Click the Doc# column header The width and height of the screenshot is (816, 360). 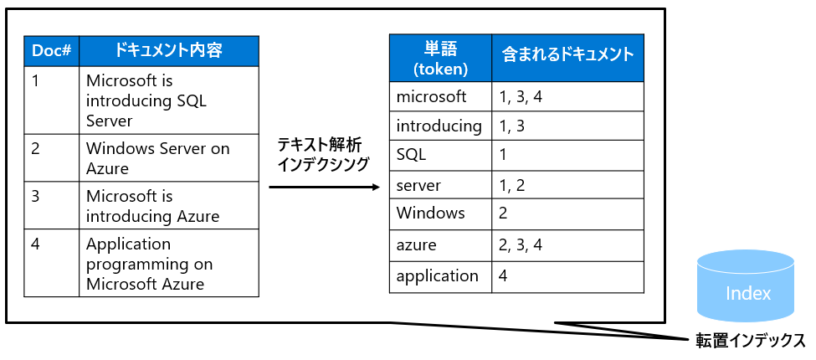tap(52, 51)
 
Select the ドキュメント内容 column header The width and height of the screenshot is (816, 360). tap(169, 51)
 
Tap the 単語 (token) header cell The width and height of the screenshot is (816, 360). tap(440, 59)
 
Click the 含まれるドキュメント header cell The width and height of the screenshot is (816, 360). tap(567, 59)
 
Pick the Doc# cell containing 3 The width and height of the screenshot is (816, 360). tap(52, 205)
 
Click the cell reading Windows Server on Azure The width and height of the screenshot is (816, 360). tap(169, 158)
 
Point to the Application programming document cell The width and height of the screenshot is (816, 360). tap(169, 263)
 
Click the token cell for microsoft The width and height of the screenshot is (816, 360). tap(440, 97)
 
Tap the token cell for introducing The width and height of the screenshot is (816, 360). tap(440, 126)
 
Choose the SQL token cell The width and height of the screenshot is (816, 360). tap(440, 155)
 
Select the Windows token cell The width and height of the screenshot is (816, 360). tap(440, 213)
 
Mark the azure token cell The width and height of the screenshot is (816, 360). tap(440, 244)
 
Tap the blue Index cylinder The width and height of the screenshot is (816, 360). tap(746, 286)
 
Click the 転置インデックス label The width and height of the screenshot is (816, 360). tap(751, 341)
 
